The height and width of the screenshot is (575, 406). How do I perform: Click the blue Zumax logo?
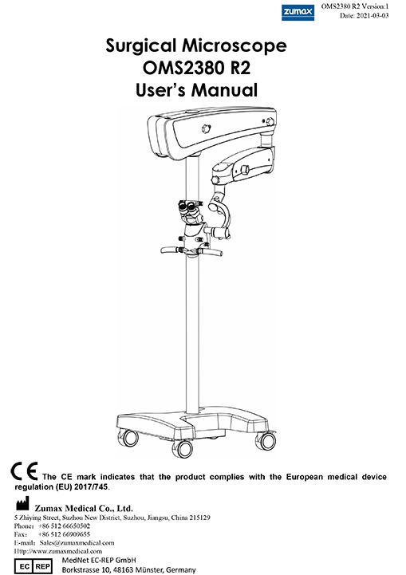tap(298, 13)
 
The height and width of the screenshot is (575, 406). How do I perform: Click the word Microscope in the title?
tap(235, 46)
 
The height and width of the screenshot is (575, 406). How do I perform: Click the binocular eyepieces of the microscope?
tap(190, 207)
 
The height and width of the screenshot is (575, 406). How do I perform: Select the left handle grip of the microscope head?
tap(170, 250)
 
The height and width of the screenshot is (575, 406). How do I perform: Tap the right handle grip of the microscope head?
tap(211, 251)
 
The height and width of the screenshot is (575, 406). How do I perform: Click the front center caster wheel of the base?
tap(183, 448)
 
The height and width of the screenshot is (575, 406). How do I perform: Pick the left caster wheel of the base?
tap(128, 438)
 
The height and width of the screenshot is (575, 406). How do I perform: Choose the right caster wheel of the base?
tap(266, 440)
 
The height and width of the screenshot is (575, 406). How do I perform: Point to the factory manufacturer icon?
tap(22, 504)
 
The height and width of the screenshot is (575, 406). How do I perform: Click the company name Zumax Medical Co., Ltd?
tap(84, 508)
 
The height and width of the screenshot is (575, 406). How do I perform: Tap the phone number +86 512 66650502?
tap(64, 526)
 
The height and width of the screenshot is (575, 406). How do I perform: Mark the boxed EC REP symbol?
tap(34, 566)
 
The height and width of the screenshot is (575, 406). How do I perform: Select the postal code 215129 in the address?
tap(201, 518)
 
